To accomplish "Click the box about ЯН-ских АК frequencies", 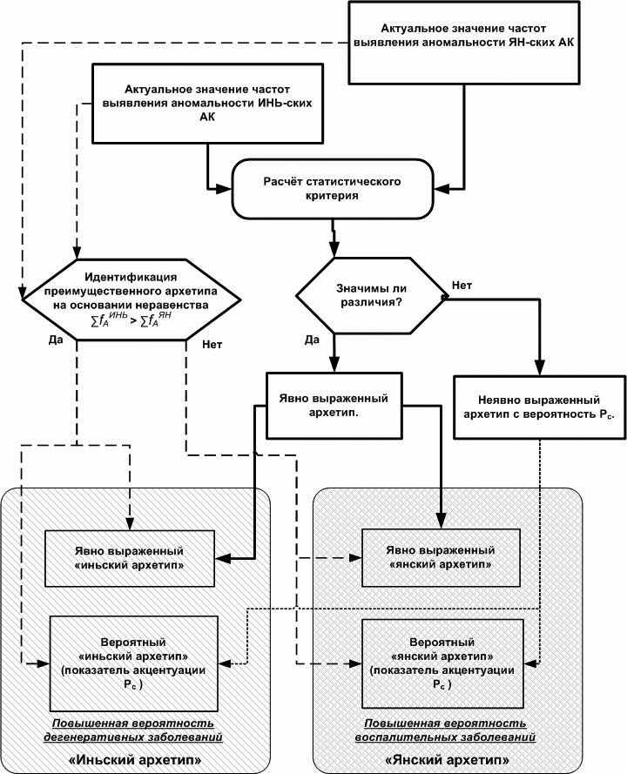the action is point(463,43).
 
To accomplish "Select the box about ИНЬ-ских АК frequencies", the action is point(208,103).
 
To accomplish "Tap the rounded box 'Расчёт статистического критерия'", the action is point(333,189).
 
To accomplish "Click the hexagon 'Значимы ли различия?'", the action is point(371,295).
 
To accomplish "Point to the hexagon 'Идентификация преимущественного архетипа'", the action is point(131,300).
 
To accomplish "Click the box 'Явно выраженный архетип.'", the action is point(334,405).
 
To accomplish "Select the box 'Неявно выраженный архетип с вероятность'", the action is point(539,407).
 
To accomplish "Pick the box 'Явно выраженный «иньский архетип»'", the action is point(130,558).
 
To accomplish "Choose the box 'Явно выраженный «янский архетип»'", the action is point(441,557).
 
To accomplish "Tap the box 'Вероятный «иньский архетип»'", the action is point(134,663).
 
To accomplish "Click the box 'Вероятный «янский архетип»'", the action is point(442,663).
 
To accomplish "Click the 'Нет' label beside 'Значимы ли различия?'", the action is point(462,286).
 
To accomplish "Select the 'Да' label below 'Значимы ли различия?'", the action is point(312,340).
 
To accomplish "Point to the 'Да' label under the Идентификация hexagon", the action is point(56,340).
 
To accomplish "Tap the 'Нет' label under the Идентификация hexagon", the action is point(212,345).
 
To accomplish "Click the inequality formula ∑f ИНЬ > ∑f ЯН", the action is point(131,320).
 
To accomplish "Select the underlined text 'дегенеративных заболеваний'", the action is point(133,737).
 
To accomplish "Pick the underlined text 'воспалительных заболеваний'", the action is point(445,737).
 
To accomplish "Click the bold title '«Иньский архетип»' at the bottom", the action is point(135,759).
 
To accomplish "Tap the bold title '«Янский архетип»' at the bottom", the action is point(448,759).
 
